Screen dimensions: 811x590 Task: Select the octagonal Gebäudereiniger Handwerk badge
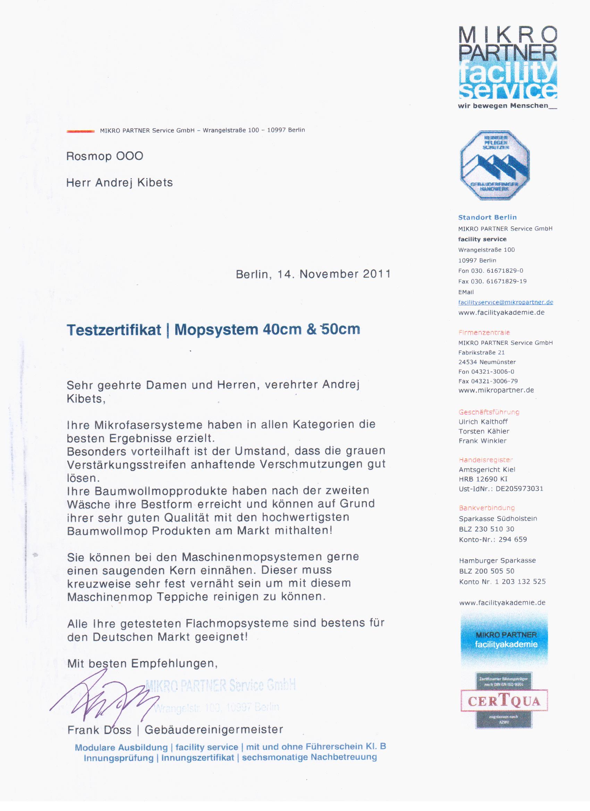495,165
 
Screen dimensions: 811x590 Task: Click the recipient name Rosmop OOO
104,156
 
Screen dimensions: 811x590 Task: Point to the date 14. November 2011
334,274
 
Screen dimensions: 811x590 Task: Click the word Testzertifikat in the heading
114,330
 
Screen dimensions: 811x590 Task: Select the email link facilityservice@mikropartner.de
506,302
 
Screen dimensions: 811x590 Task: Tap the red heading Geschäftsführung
489,412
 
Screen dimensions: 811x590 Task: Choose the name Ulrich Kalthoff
483,422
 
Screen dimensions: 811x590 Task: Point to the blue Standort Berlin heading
487,217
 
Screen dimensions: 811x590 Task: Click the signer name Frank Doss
99,730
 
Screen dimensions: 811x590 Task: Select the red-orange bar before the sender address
81,131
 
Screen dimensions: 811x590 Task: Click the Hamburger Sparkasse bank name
497,561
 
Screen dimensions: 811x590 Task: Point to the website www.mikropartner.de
496,390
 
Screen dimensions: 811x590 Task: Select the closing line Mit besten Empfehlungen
142,664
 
